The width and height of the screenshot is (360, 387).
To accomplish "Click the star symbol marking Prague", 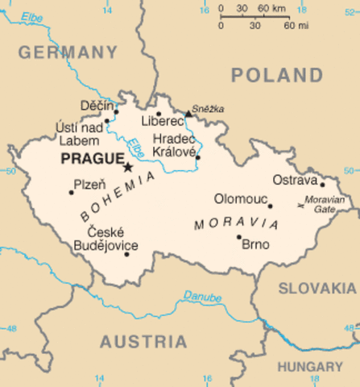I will (127, 168).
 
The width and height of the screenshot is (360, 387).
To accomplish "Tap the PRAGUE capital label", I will (91, 159).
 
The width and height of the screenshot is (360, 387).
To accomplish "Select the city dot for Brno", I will (238, 237).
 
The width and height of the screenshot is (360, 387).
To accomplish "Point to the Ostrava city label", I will (295, 179).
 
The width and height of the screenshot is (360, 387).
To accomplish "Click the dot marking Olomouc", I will (270, 206).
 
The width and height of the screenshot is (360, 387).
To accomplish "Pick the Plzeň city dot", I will (71, 192).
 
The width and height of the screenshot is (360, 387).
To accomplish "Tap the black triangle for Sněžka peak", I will (188, 114).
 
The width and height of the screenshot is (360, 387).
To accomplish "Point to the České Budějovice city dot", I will (126, 254).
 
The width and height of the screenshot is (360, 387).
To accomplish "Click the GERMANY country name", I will (67, 53).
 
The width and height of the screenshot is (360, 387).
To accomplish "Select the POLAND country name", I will (277, 76).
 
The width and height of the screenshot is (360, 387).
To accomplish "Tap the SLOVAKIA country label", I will (317, 288).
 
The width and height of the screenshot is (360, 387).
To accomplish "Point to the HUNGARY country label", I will (310, 366).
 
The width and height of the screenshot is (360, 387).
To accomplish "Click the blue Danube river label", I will (201, 296).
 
